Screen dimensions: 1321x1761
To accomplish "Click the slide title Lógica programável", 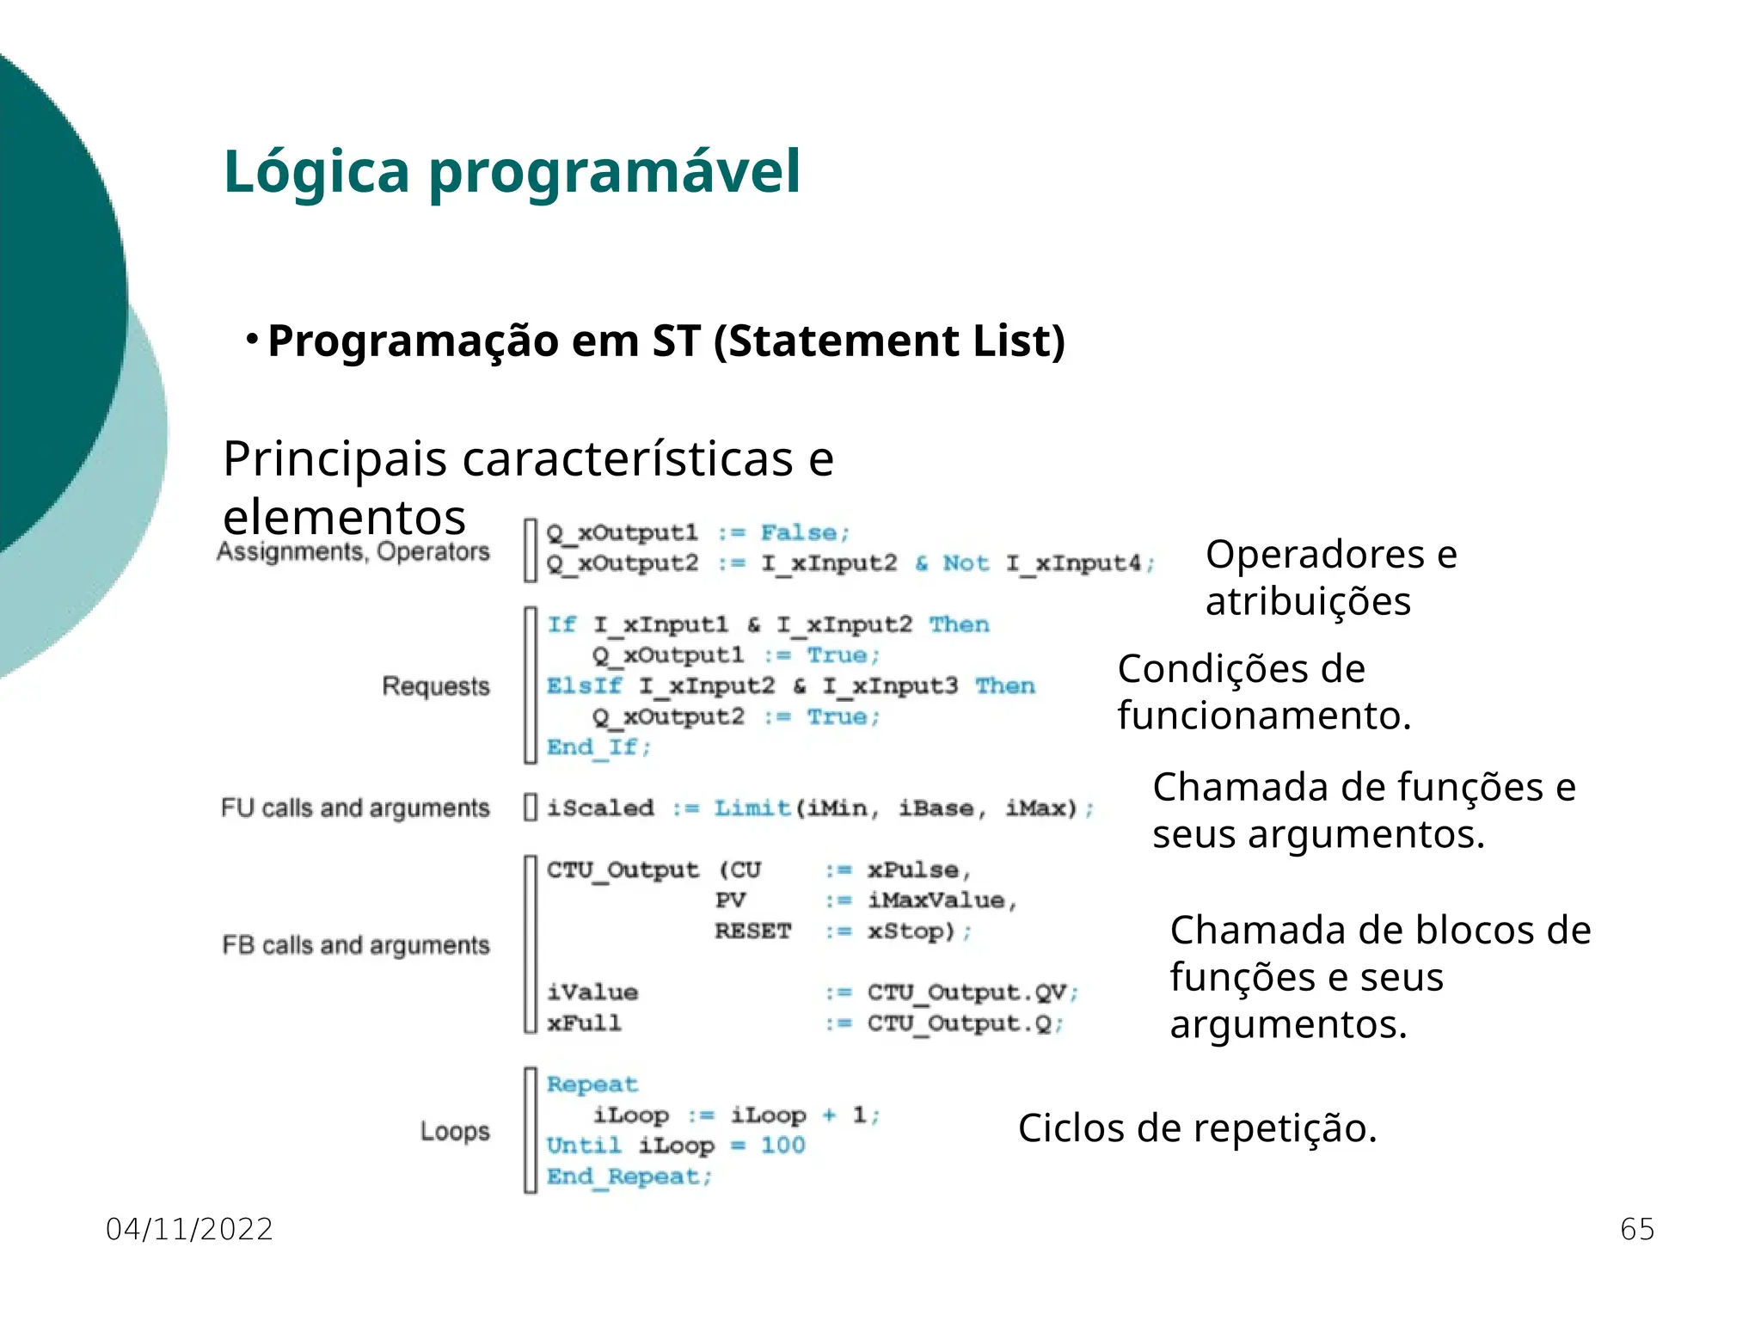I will click(x=512, y=172).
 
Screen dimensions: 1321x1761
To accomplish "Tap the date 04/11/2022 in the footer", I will click(x=189, y=1229).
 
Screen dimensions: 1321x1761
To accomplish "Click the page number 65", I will click(x=1636, y=1229).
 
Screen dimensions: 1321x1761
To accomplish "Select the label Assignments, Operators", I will click(x=353, y=551).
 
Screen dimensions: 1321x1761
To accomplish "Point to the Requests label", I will click(x=436, y=686).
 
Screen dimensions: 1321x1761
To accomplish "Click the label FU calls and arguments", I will click(x=355, y=808).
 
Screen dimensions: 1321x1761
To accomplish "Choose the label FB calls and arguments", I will click(x=356, y=945).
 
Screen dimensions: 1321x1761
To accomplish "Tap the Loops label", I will click(x=455, y=1131).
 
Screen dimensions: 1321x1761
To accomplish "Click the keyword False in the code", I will click(x=799, y=533).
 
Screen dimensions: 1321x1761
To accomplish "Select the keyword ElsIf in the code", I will click(x=584, y=686).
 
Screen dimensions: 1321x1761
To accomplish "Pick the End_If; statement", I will click(x=599, y=747).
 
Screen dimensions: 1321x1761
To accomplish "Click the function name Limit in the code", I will click(x=752, y=808).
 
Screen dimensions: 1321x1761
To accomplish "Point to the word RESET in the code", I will click(x=752, y=931).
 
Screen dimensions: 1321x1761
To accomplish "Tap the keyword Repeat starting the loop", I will click(x=592, y=1084).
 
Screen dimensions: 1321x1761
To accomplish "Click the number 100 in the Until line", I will click(x=782, y=1146).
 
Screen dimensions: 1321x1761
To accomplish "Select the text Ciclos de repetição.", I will click(x=1197, y=1128).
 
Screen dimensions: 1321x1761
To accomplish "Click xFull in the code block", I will click(x=584, y=1023).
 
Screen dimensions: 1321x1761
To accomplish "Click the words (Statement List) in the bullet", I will click(x=889, y=341).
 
